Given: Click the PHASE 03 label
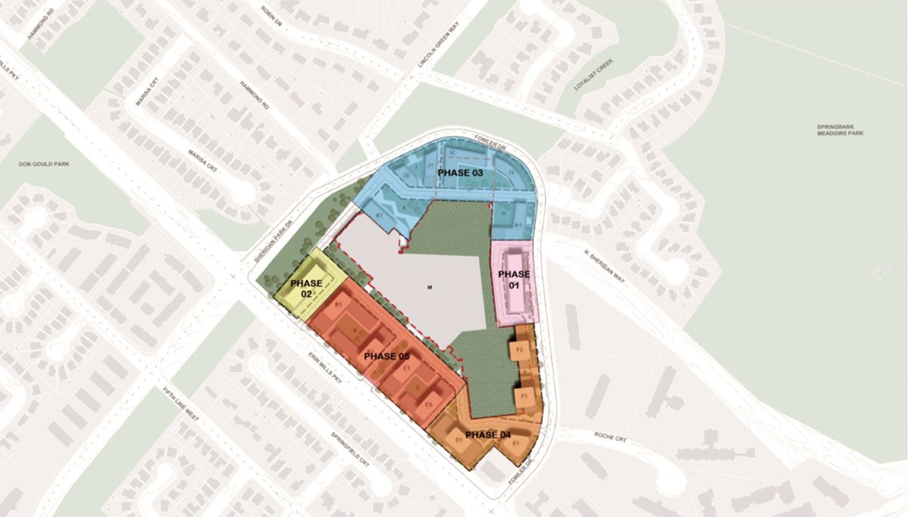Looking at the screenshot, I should tap(461, 173).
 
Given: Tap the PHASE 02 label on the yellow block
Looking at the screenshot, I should tap(306, 288).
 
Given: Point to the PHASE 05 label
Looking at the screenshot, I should tap(387, 356).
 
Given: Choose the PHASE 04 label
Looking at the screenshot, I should tap(488, 435).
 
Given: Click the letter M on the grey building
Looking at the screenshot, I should tap(429, 287).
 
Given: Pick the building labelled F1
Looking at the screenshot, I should tap(522, 395).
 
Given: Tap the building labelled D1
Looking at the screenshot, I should tap(459, 439).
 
